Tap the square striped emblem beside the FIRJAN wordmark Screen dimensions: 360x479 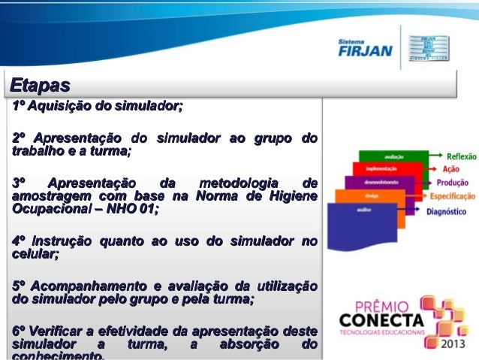point(428,47)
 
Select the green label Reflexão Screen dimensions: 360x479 point(456,157)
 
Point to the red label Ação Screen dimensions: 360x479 point(451,169)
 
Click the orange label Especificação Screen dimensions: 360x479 point(452,196)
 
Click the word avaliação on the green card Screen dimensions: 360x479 point(393,156)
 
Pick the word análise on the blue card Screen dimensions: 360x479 point(363,210)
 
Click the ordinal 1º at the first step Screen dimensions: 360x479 point(19,104)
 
